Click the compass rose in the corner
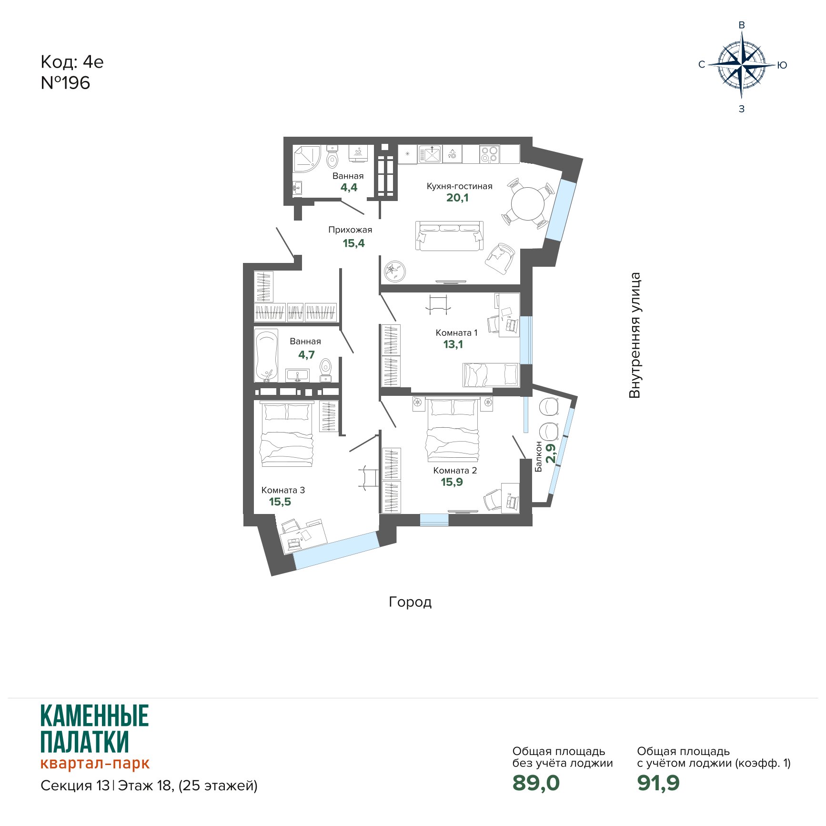742,65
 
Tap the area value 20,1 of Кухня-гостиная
457,198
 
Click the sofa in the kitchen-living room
450,236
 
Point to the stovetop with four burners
489,154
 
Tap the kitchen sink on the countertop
431,154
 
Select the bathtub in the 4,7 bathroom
266,355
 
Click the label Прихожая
350,230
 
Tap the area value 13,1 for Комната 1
453,344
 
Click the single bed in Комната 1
491,375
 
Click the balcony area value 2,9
551,453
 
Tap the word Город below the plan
411,602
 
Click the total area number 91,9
658,783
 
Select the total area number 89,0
536,783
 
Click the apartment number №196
65,83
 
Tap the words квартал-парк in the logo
95,763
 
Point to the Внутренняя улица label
635,335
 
